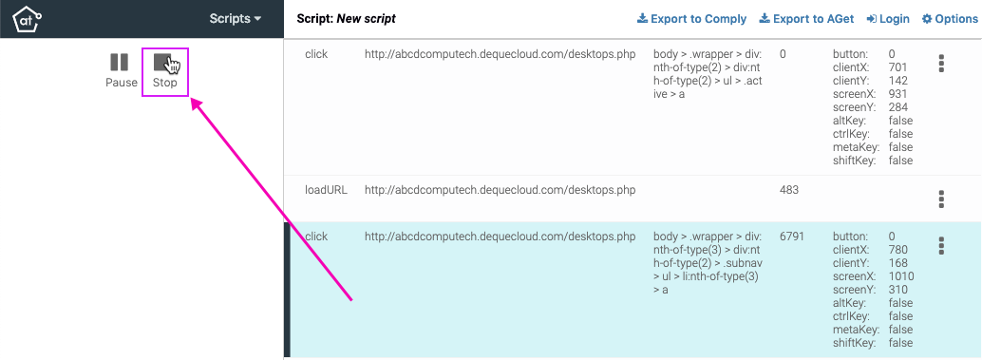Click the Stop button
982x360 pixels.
[164, 71]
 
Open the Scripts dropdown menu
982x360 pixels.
[236, 18]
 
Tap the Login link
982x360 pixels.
[888, 19]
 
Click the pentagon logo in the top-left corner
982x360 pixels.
[26, 18]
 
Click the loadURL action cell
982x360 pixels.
[326, 190]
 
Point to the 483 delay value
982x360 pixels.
[788, 190]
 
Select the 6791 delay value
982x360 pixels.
[792, 237]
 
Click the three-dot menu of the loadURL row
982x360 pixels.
[941, 199]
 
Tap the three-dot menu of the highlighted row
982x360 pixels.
[941, 245]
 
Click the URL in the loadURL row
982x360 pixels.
[500, 190]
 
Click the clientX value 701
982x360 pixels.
[897, 67]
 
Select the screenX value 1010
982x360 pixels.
[901, 276]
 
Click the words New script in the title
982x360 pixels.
[367, 19]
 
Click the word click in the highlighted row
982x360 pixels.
[316, 237]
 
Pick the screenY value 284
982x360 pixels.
[897, 107]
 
